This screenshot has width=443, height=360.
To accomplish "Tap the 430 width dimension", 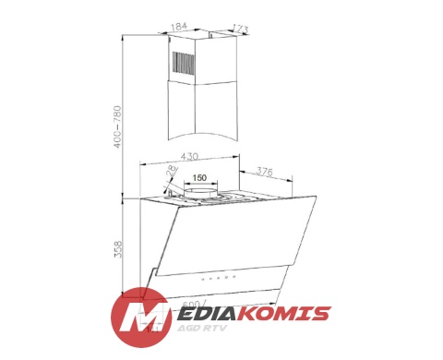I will pos(191,157).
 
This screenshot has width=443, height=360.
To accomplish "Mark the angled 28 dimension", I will pos(170,170).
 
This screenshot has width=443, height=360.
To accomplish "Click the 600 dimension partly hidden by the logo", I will pos(191,304).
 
